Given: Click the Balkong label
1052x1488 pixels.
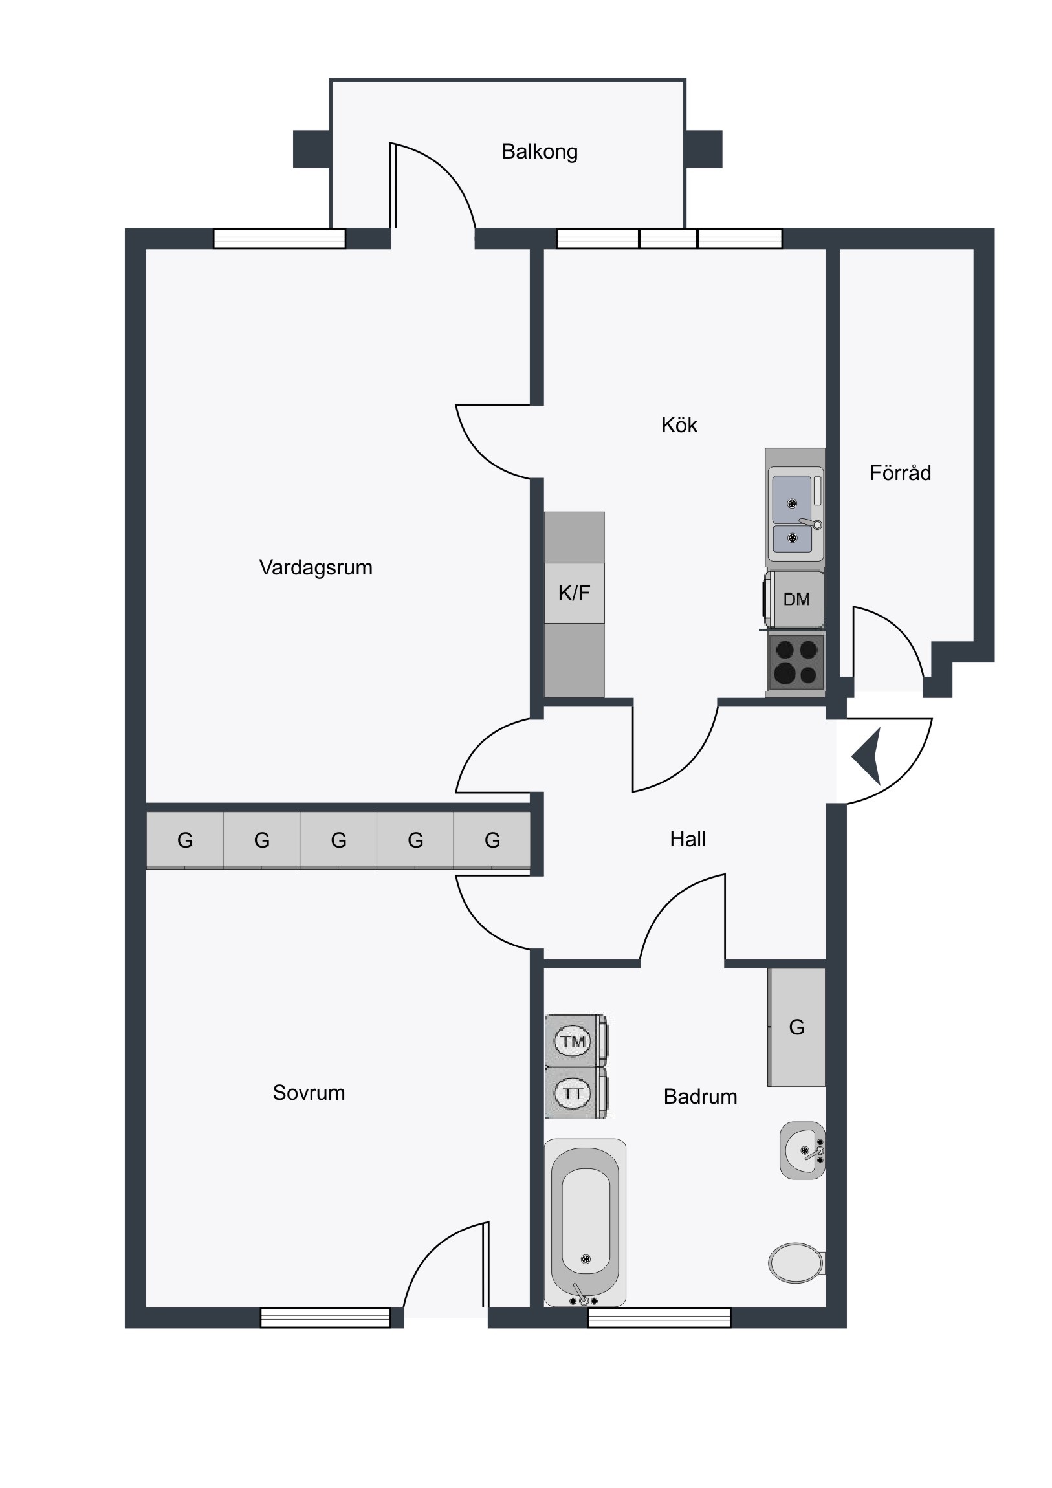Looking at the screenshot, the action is [540, 151].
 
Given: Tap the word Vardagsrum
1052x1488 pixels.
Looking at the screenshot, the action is [316, 568].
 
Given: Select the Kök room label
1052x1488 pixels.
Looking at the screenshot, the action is [679, 425].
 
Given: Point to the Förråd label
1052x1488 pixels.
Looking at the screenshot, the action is [901, 472].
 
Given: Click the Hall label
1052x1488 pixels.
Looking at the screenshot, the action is [687, 839].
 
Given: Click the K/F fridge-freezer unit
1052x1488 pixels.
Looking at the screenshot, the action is [575, 593].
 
